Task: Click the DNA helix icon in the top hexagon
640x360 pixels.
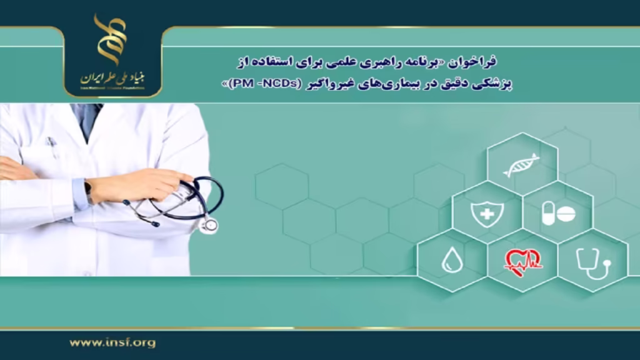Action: (521, 165)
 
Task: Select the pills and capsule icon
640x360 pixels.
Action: (557, 213)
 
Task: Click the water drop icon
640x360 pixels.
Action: (451, 260)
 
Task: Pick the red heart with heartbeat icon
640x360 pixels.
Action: (522, 260)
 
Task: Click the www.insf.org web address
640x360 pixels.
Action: (112, 342)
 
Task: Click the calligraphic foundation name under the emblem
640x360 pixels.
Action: (112, 77)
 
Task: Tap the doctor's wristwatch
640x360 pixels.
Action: (87, 190)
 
